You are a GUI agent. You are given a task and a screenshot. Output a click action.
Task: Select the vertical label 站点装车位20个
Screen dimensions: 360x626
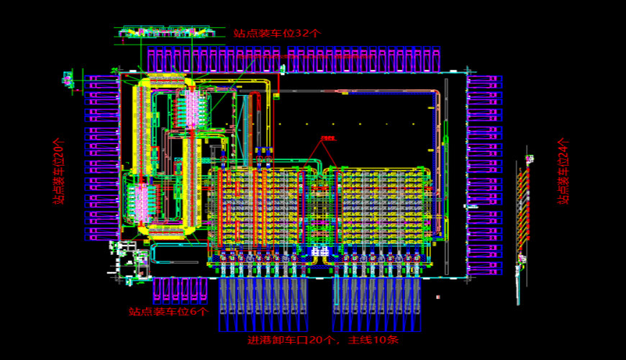click(60, 171)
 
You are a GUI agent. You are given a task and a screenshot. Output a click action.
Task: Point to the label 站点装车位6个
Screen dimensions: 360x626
click(168, 312)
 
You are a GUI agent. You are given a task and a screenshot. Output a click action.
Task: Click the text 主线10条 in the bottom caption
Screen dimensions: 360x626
click(373, 340)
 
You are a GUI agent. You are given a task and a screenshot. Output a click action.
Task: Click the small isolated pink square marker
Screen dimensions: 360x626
click(438, 297)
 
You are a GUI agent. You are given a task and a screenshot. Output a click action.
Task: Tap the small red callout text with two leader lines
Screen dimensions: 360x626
click(328, 138)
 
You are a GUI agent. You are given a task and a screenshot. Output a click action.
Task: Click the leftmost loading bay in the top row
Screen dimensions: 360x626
click(152, 60)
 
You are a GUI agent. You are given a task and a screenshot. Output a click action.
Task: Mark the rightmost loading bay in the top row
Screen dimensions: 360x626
click(436, 60)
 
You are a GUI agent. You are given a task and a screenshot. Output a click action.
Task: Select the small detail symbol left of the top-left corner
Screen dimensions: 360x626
click(69, 78)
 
